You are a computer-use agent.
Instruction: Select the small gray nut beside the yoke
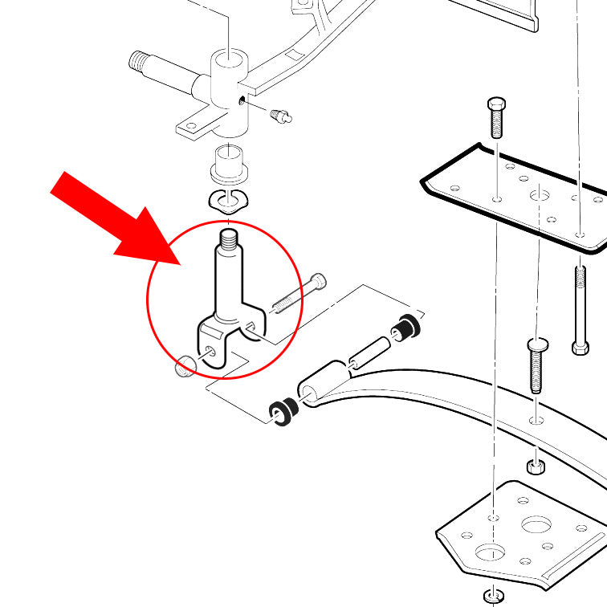coord(185,366)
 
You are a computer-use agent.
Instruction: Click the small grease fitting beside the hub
coord(281,117)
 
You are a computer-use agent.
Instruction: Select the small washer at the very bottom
coord(492,595)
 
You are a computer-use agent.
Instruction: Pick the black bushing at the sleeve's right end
coord(405,325)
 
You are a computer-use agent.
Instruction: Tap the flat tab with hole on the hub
coord(192,126)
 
